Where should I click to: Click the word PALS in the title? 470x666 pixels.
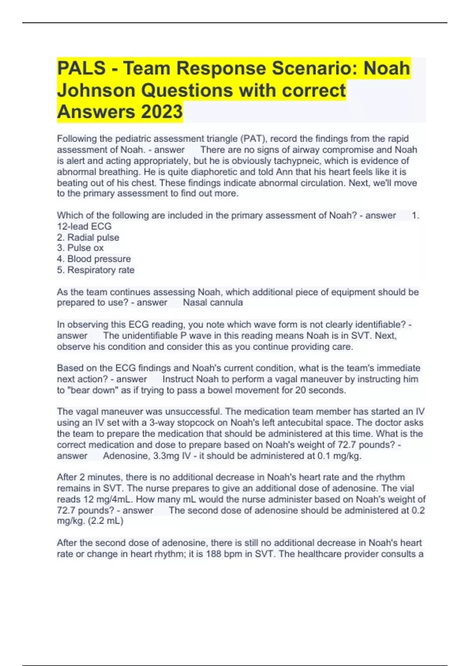click(81, 68)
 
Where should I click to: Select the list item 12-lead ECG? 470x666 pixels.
click(84, 226)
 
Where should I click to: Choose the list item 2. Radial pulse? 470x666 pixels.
click(88, 237)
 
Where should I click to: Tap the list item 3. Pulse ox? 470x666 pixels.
click(80, 248)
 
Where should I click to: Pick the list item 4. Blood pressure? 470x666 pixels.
click(94, 259)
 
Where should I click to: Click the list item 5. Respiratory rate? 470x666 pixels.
click(96, 270)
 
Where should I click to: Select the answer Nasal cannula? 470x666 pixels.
click(213, 302)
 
